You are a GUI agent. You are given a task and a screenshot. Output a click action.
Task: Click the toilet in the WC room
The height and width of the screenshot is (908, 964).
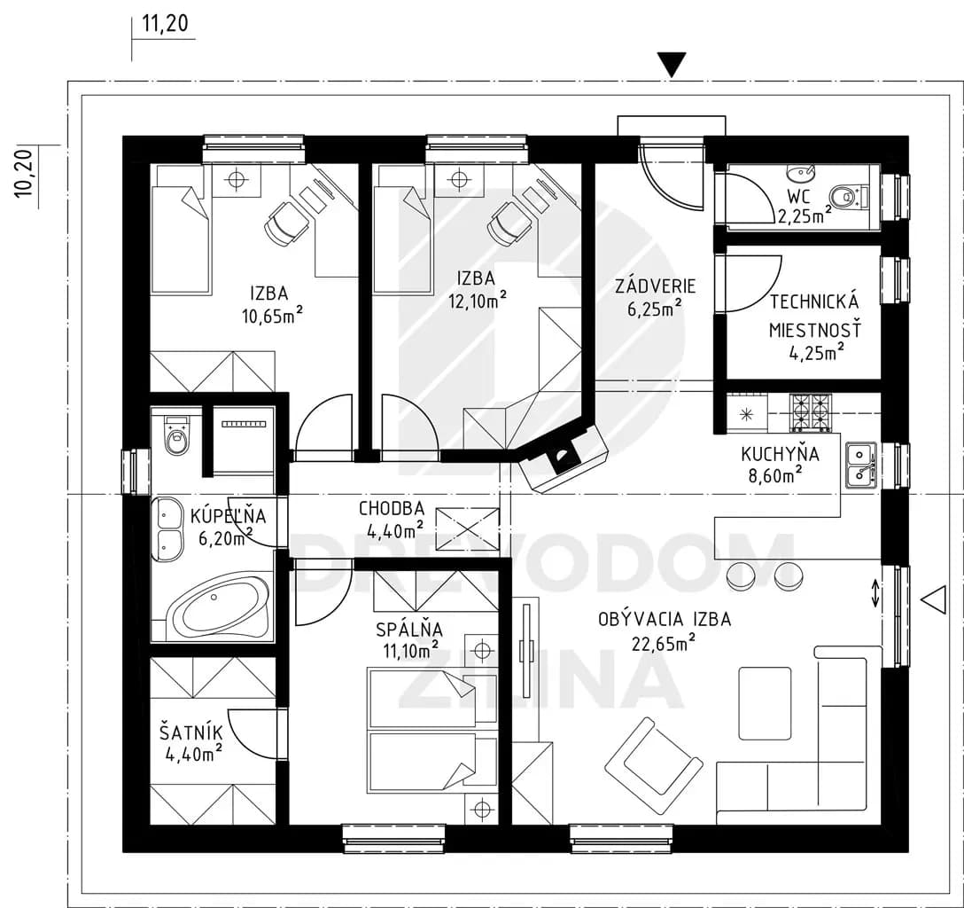click(x=848, y=197)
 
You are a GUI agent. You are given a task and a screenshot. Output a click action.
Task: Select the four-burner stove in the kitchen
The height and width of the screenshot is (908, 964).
click(x=812, y=411)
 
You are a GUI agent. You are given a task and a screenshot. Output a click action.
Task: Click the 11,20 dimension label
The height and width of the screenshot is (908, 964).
click(x=166, y=25)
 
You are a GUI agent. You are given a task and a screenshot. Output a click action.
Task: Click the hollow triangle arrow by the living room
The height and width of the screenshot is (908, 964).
click(x=935, y=599)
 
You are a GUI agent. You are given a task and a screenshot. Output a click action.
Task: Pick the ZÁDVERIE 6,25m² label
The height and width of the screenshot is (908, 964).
click(x=656, y=296)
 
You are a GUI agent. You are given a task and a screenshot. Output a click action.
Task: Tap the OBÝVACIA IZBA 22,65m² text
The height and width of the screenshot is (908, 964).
click(x=665, y=630)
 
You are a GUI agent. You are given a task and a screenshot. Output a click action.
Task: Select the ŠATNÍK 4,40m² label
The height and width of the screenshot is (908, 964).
click(x=191, y=744)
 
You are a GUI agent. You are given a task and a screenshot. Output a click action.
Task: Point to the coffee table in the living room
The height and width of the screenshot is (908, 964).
click(x=765, y=703)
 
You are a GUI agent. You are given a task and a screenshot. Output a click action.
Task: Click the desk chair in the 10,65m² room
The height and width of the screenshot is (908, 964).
click(x=286, y=224)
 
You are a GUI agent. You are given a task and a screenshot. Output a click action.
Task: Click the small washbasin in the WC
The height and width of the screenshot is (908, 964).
click(x=800, y=173)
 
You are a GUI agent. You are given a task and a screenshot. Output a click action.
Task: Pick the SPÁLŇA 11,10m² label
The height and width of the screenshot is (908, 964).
click(x=410, y=640)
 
